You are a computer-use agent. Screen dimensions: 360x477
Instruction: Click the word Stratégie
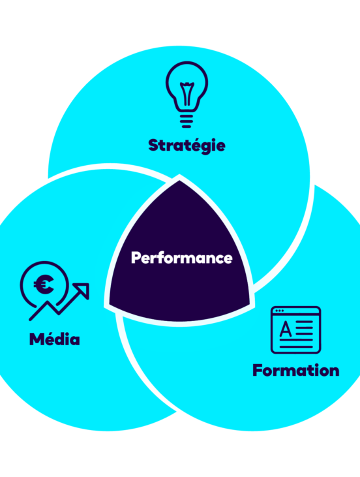click(x=187, y=146)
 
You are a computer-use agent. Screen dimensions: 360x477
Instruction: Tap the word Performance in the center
click(x=182, y=258)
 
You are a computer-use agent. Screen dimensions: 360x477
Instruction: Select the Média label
click(x=55, y=339)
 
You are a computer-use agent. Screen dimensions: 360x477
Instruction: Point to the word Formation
click(x=296, y=370)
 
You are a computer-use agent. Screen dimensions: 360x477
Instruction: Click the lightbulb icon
click(x=187, y=95)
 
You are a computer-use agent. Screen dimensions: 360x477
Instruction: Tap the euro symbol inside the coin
click(x=44, y=285)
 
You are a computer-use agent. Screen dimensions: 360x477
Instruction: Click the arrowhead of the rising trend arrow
click(x=82, y=290)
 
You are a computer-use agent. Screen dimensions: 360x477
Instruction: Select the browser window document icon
click(x=295, y=330)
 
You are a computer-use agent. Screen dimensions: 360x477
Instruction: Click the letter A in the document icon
click(x=285, y=329)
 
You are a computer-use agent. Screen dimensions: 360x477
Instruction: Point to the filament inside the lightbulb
click(x=187, y=93)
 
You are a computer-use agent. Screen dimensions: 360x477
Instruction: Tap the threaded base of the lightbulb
click(x=187, y=121)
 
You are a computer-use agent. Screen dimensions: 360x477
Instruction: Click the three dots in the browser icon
click(x=279, y=311)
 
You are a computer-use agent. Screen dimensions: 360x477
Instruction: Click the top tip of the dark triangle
click(x=179, y=181)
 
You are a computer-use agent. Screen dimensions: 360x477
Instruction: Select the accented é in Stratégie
click(x=198, y=144)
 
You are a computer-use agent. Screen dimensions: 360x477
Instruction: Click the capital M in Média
click(x=37, y=339)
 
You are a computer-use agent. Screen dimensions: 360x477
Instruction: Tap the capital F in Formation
click(x=258, y=370)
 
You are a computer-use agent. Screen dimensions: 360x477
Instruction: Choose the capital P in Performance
click(x=136, y=258)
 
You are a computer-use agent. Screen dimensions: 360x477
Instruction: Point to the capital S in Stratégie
click(x=154, y=146)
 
